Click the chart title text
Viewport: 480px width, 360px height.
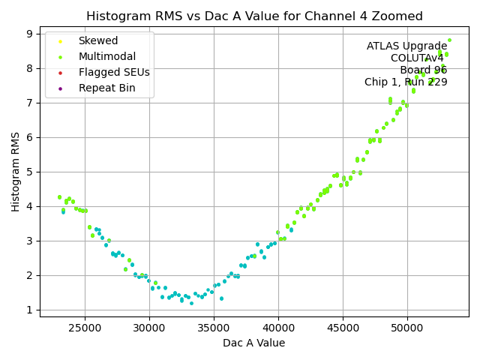[254, 16]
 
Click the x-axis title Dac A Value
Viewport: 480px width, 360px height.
[254, 343]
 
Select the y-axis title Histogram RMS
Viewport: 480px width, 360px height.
[16, 172]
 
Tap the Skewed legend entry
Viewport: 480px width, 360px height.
[97, 40]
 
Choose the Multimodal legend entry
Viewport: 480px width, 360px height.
[106, 56]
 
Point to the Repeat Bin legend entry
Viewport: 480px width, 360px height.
[106, 88]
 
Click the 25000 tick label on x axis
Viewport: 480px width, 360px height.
[84, 328]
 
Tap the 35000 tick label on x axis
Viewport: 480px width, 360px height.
[214, 328]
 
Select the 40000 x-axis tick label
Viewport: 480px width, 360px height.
[278, 328]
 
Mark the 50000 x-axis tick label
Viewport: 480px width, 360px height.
[407, 328]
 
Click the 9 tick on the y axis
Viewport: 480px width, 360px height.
[29, 34]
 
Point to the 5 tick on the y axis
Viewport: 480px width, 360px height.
[29, 172]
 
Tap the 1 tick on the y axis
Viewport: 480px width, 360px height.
[29, 310]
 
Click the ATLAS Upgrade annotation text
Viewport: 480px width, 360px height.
[406, 46]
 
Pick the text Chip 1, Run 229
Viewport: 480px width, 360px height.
[406, 82]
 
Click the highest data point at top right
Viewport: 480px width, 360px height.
[449, 40]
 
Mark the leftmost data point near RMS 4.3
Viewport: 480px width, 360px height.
[59, 197]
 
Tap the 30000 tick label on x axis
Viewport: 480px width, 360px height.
[148, 328]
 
